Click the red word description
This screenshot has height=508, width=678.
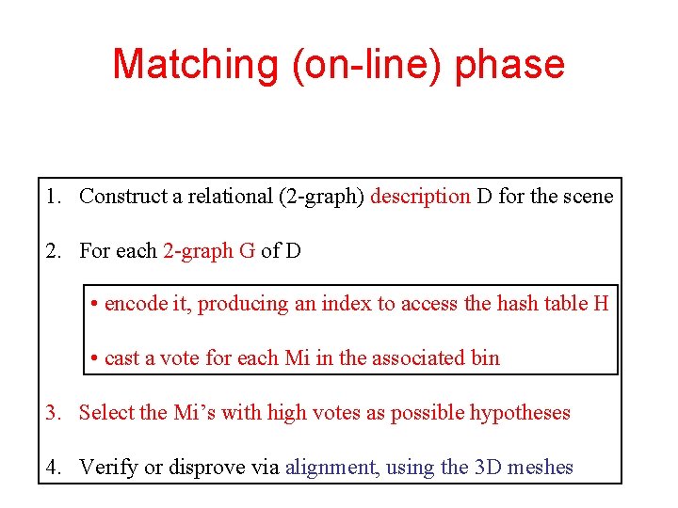click(420, 197)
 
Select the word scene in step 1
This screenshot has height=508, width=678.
click(590, 197)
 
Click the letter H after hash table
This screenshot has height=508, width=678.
click(601, 304)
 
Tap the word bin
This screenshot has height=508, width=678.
click(486, 358)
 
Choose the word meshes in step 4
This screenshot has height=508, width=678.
click(541, 468)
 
